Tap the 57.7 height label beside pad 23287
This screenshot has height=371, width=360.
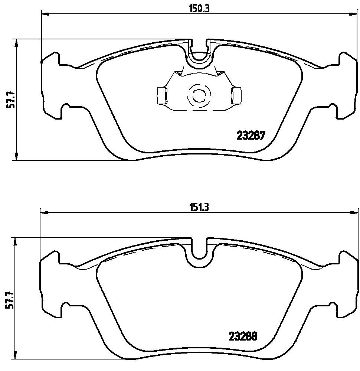12,99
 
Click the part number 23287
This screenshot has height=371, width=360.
251,136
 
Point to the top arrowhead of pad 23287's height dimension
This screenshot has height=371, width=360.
16,43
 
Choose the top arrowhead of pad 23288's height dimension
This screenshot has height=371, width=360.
15,242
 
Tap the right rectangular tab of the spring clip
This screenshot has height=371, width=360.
236,95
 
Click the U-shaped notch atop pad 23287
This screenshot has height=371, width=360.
200,56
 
